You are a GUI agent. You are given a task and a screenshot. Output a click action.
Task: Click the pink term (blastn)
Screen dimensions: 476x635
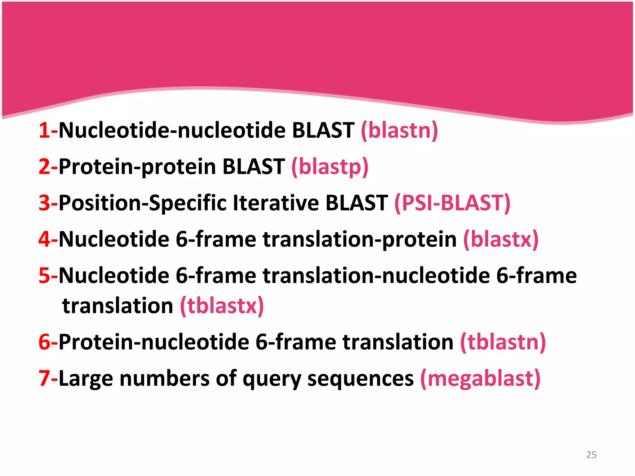pos(399,130)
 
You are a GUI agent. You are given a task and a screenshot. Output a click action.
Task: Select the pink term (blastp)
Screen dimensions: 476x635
pos(330,167)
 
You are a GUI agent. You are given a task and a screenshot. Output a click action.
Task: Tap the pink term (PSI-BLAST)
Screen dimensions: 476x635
pos(452,203)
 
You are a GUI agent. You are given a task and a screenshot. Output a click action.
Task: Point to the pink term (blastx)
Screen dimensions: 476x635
pos(501,240)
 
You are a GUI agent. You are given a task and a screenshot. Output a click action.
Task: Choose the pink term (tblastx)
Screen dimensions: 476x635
pos(222,306)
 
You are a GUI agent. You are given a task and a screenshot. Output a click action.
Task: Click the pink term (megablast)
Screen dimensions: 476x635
pos(480,379)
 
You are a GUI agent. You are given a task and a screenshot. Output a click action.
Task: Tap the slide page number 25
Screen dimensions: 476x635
pos(591,455)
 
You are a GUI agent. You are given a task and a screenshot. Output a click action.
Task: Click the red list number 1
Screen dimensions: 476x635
pos(44,130)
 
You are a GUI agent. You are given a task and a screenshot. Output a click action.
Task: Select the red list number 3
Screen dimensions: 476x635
pos(44,203)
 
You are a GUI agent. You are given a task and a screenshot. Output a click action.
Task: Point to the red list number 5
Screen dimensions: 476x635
pos(44,276)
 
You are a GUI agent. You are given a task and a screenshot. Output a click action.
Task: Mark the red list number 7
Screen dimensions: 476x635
pos(44,379)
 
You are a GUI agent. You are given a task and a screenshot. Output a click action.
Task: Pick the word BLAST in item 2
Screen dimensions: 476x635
pos(254,167)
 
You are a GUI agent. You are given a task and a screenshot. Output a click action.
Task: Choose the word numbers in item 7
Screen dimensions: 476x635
pos(165,379)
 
